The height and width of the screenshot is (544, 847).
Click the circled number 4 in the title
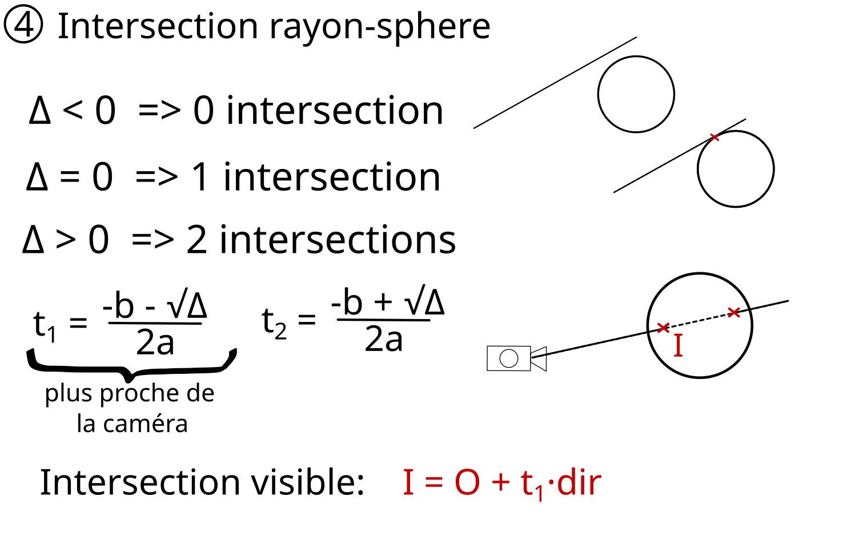23,26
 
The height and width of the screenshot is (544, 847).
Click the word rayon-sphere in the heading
379,27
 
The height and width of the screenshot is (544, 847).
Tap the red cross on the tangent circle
714,137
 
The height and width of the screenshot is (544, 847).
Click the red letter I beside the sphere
678,345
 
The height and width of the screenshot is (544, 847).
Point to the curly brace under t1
131,365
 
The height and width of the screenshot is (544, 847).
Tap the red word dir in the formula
579,483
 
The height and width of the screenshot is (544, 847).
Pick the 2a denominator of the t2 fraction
384,339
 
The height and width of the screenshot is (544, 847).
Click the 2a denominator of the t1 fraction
155,343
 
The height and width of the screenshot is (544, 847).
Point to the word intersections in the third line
338,240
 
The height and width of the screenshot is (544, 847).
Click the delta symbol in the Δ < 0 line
40,111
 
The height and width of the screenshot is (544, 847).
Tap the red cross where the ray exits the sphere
734,312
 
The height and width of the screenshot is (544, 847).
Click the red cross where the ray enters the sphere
663,328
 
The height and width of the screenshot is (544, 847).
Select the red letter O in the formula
467,483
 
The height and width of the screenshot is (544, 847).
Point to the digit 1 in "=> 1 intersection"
200,177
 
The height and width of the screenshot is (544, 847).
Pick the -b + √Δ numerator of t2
387,303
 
